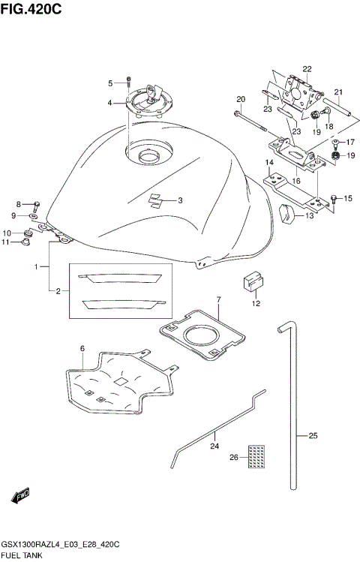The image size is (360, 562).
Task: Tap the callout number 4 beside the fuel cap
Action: [109, 103]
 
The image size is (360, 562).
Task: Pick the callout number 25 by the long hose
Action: [313, 435]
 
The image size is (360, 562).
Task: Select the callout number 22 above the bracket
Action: [307, 69]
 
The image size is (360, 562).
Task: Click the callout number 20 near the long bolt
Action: [241, 99]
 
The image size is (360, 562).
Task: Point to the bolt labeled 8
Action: [34, 203]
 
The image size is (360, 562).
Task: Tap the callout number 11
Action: [5, 242]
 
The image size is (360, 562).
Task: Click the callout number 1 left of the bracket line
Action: [35, 266]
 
